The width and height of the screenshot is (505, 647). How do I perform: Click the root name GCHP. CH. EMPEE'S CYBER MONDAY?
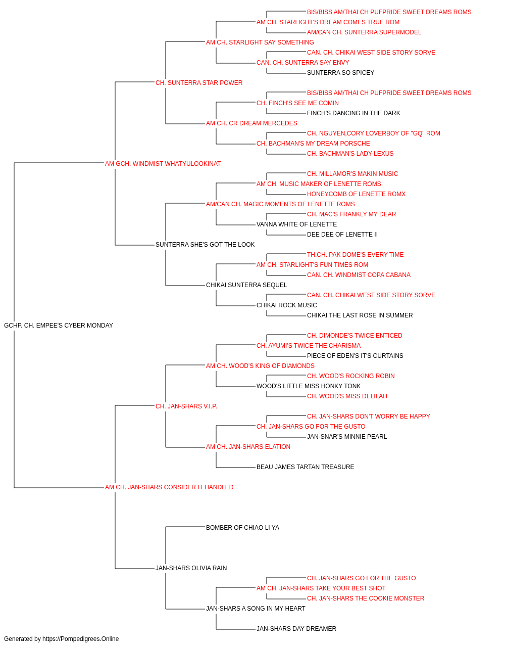(x=59, y=326)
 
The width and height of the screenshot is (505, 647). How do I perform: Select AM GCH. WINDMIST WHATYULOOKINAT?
(x=163, y=164)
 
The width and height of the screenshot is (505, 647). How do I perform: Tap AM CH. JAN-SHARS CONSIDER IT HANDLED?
(x=169, y=487)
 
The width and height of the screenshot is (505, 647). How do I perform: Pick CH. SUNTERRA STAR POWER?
(x=199, y=83)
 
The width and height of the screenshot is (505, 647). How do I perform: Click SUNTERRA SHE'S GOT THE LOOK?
(x=205, y=245)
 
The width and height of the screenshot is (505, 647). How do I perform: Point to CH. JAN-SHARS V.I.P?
(x=186, y=406)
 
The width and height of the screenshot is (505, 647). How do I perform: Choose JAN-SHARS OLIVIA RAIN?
(x=191, y=568)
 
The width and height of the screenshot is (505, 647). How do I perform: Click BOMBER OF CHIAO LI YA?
(x=243, y=528)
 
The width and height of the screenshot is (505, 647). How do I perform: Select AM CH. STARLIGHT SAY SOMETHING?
(x=260, y=42)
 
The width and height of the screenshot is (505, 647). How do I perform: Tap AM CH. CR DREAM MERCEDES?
(x=251, y=123)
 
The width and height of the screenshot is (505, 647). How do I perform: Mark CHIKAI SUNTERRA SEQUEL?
(x=246, y=285)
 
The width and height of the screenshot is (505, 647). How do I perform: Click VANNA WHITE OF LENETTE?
(x=297, y=224)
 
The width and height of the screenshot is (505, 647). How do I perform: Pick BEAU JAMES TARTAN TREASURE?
(x=306, y=467)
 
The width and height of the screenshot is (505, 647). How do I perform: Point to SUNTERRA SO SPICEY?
(x=340, y=73)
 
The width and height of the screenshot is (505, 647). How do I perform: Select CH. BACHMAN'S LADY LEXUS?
(x=350, y=154)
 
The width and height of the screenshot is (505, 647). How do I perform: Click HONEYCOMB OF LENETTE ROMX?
(x=357, y=194)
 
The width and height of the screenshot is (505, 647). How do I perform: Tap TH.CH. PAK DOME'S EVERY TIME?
(x=356, y=255)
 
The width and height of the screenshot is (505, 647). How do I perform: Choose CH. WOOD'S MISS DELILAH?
(x=347, y=396)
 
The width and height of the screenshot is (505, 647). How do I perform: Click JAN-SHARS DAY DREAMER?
(x=296, y=629)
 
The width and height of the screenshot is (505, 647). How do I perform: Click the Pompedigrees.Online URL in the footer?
(x=81, y=639)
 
